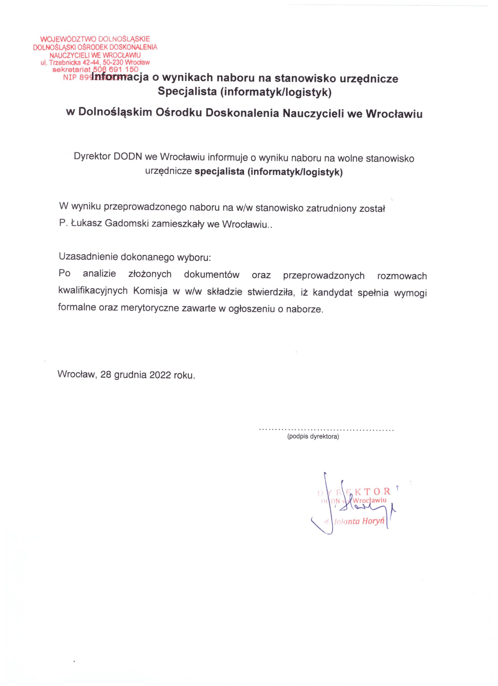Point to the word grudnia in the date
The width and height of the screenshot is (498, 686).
coord(130,375)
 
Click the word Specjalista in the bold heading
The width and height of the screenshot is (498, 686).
coord(188,91)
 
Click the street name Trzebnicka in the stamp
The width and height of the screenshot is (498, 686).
coord(63,63)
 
